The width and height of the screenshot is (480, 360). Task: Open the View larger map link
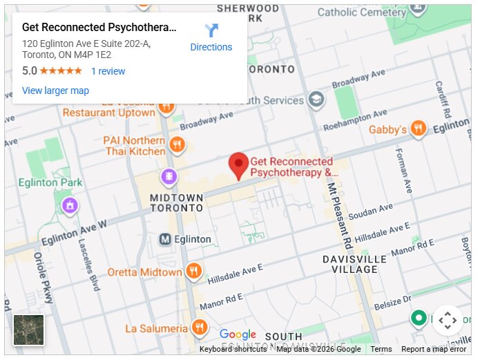tap(55, 91)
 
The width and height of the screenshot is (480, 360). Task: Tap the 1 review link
tap(108, 71)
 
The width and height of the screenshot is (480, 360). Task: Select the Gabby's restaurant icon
tap(418, 129)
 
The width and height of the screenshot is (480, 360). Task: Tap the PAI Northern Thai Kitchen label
tap(134, 146)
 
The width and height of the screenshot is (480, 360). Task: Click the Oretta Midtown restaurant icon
tap(194, 272)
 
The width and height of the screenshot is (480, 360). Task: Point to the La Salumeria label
tap(156, 328)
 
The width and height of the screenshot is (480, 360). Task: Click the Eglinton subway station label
tap(194, 239)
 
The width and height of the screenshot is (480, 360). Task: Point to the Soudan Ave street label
tap(370, 211)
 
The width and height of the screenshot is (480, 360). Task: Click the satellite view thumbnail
tap(29, 330)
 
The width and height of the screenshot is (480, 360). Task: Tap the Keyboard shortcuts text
tap(233, 349)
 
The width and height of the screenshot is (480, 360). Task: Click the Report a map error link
tap(434, 349)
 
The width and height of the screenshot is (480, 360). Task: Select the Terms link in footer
tap(381, 349)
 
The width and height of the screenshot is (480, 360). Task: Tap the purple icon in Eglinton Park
tap(70, 205)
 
